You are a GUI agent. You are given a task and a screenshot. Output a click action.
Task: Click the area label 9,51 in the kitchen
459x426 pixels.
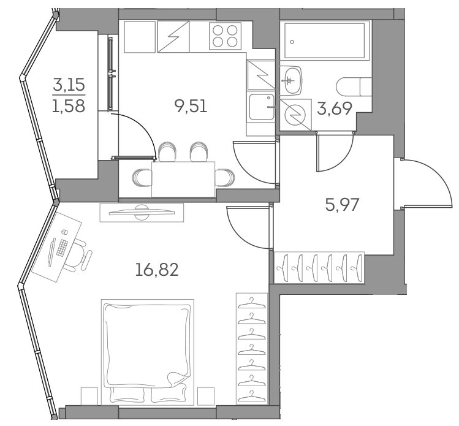click(191, 106)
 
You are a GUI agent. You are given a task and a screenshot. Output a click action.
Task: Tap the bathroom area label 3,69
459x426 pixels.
click(334, 109)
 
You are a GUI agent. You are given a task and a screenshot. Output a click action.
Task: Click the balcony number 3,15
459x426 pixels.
click(68, 84)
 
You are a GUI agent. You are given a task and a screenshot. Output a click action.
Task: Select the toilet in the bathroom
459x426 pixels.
click(355, 86)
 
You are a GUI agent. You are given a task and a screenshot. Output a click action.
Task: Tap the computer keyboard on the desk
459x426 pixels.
click(61, 248)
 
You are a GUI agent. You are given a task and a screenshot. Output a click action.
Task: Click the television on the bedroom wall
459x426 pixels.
click(142, 212)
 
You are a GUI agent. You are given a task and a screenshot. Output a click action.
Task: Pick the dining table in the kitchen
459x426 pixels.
click(183, 178)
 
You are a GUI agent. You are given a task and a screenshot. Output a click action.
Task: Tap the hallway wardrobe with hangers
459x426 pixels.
click(319, 267)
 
